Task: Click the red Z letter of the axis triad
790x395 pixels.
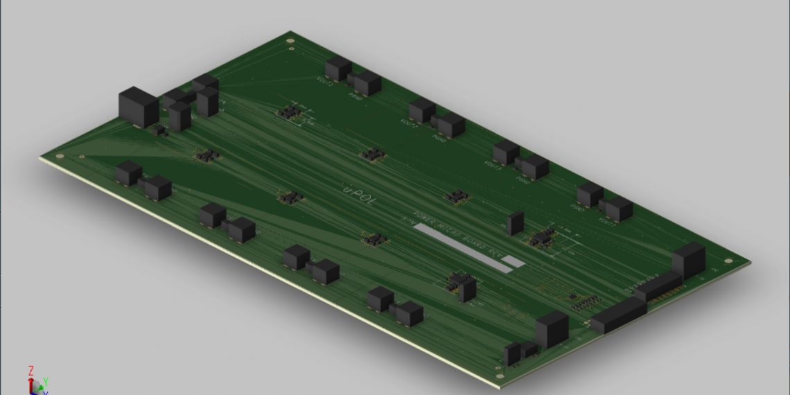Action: click(31, 371)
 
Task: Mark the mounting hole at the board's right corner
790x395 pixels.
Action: click(728, 261)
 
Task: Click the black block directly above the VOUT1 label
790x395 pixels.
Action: click(337, 68)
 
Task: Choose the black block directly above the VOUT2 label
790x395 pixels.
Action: click(421, 109)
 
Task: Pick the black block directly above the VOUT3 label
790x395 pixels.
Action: click(506, 151)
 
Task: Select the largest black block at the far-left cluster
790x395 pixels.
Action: click(139, 107)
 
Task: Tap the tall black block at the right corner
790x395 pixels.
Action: click(688, 260)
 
